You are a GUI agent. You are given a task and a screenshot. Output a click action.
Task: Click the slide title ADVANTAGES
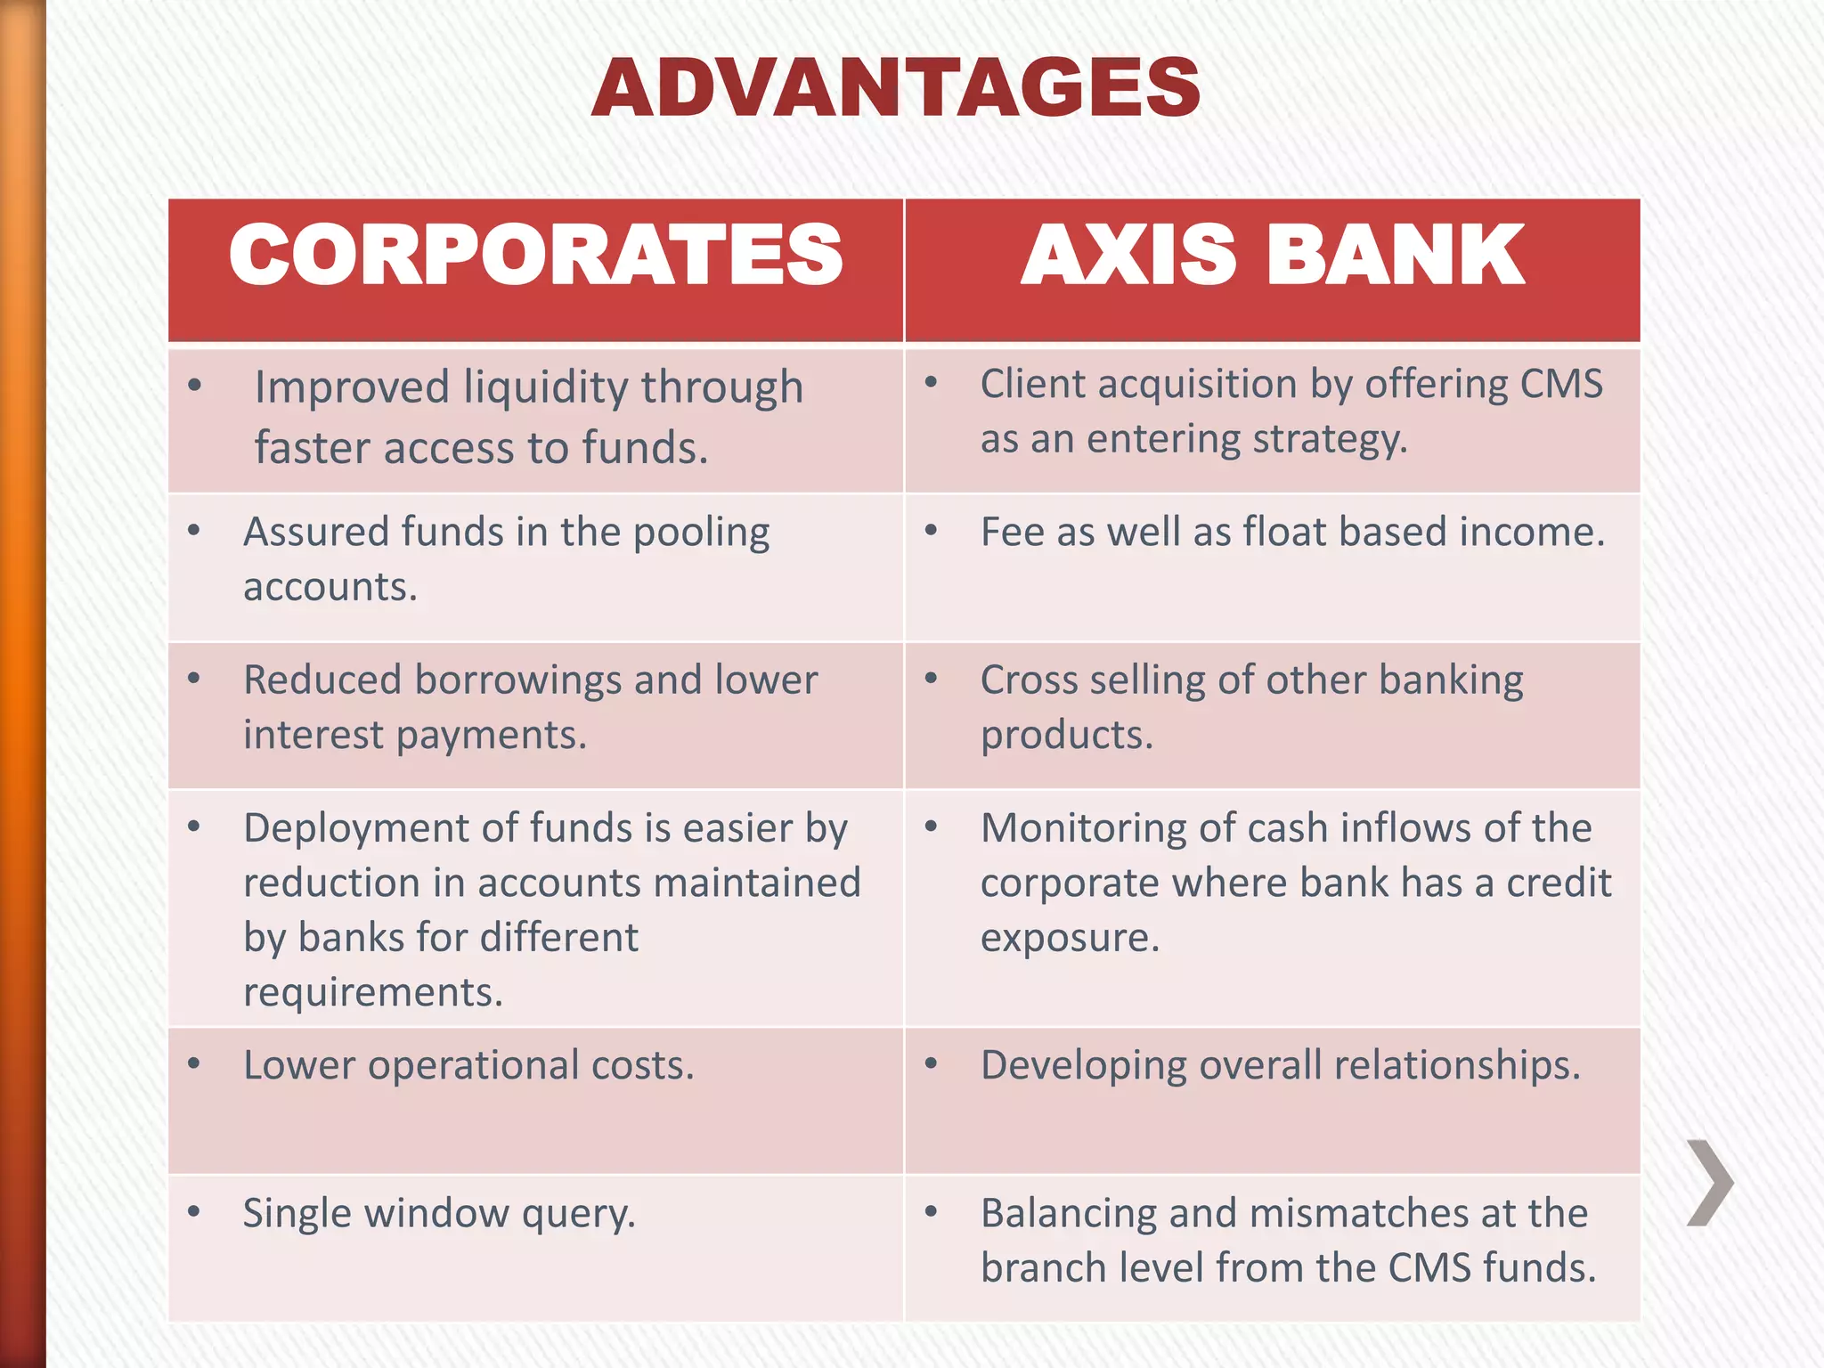pyautogui.click(x=896, y=87)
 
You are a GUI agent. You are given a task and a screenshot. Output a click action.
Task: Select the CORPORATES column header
pyautogui.click(x=536, y=256)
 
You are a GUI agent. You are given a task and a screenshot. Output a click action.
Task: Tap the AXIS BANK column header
pyautogui.click(x=1273, y=256)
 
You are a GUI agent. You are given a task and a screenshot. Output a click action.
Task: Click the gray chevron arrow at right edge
pyautogui.click(x=1709, y=1182)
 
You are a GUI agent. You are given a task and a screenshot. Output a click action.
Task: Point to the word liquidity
pyautogui.click(x=546, y=388)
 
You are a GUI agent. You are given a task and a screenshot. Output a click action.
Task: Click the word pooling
pyautogui.click(x=701, y=533)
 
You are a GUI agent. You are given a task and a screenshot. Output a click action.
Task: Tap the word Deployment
pyautogui.click(x=356, y=829)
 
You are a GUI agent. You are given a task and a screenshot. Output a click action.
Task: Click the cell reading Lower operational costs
pyautogui.click(x=468, y=1065)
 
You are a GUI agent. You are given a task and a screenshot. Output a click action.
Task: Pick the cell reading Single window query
pyautogui.click(x=439, y=1214)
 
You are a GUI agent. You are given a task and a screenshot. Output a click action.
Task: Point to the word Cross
pyautogui.click(x=1029, y=680)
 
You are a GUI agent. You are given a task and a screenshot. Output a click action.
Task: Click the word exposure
pyautogui.click(x=1070, y=939)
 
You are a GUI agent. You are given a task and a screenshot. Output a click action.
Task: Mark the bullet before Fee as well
pyautogui.click(x=932, y=532)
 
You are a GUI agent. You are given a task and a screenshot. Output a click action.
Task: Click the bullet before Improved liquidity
pyautogui.click(x=195, y=386)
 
